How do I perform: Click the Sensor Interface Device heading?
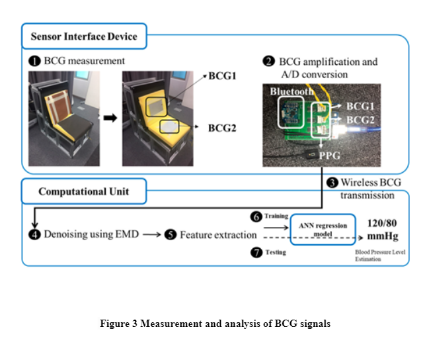click(84, 36)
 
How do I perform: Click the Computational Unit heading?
click(84, 192)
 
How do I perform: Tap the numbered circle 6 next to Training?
click(256, 216)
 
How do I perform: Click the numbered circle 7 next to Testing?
click(256, 253)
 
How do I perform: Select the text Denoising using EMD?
click(91, 234)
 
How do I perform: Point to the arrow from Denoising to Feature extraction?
click(151, 234)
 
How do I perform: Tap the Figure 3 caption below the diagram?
click(215, 324)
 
